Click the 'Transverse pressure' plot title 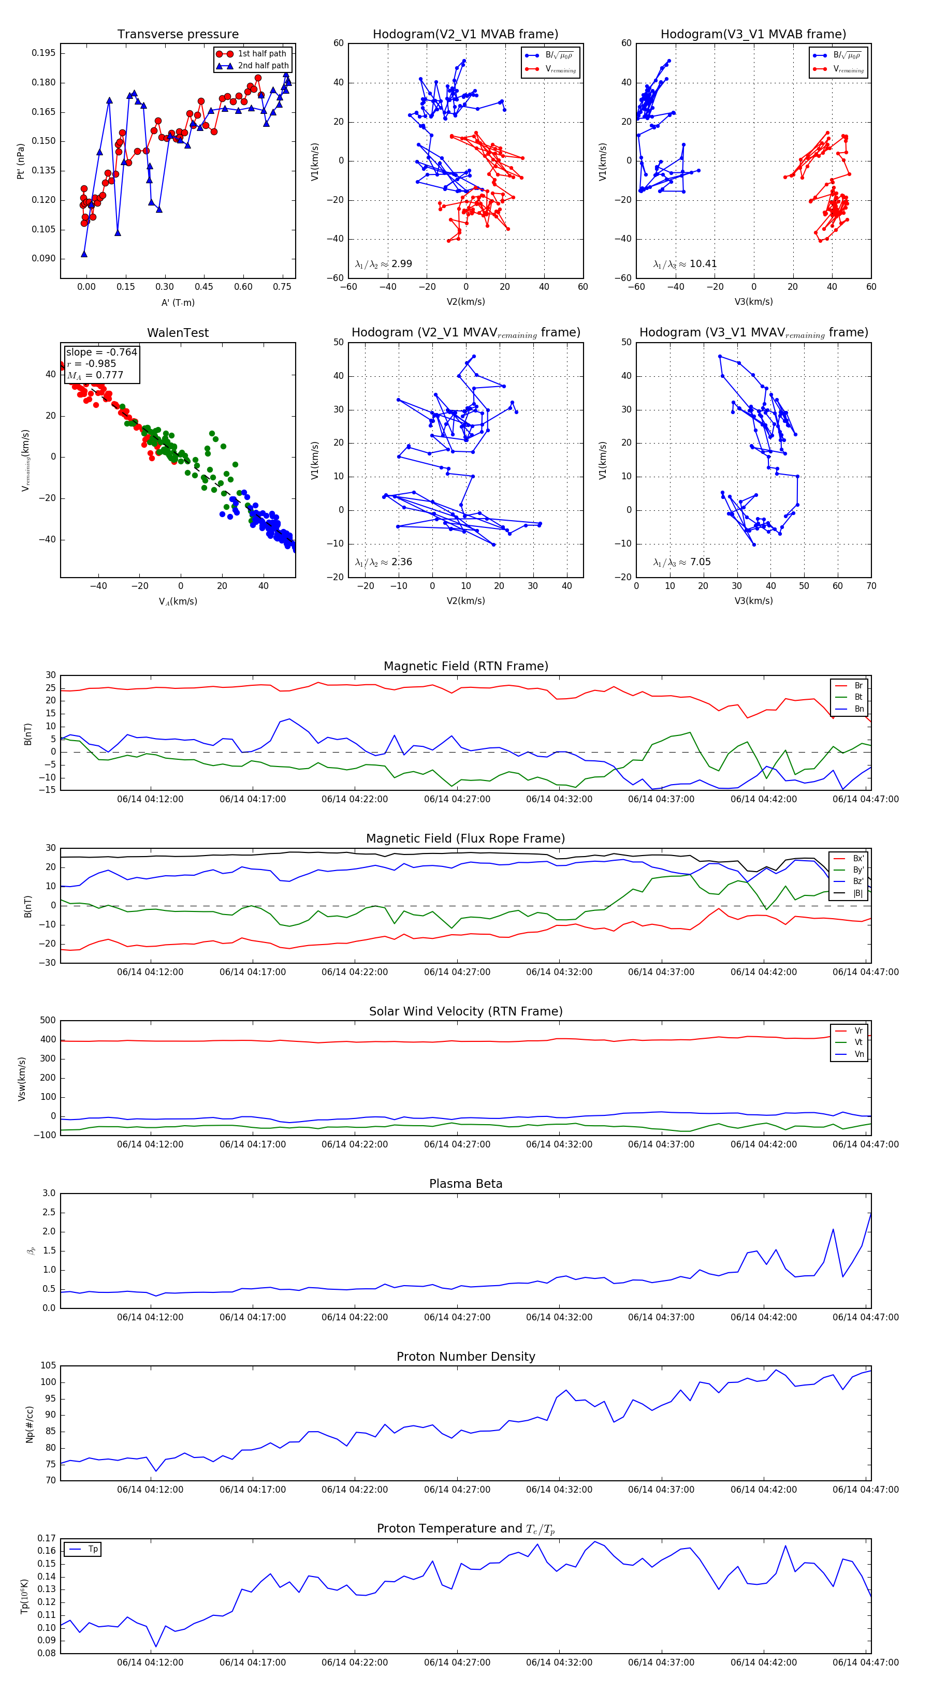click(178, 35)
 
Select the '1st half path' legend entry click(261, 54)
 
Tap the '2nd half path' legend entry click(263, 66)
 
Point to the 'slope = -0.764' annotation click(101, 352)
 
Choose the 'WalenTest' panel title click(178, 333)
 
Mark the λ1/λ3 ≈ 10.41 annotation click(685, 264)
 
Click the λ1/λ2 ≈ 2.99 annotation click(383, 264)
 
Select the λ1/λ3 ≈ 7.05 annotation click(682, 562)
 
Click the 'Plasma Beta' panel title click(465, 1184)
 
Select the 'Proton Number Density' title click(465, 1357)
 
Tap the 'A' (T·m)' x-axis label click(178, 303)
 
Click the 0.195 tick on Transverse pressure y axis click(44, 53)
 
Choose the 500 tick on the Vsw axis click(48, 1021)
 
